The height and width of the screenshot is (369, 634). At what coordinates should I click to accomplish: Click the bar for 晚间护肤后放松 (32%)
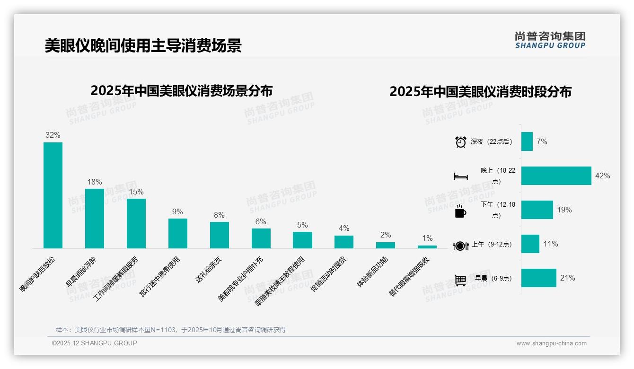53,195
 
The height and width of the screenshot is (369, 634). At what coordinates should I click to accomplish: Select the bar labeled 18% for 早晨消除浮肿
95,218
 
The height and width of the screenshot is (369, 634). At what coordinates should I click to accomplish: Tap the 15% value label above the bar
136,192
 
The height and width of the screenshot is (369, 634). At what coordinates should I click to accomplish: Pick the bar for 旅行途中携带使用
178,233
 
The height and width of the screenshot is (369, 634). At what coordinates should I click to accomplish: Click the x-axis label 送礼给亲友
209,270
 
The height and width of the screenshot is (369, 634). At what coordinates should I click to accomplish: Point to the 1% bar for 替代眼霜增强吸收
427,247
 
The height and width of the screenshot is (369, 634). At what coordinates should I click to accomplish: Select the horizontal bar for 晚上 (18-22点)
556,176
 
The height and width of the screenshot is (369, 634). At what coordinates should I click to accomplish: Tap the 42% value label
603,176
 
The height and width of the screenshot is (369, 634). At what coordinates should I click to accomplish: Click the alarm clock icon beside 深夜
460,142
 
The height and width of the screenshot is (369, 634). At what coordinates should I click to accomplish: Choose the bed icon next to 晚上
460,176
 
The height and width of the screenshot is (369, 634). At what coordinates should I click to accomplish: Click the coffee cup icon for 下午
460,211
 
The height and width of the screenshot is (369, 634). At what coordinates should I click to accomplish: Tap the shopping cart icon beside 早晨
460,280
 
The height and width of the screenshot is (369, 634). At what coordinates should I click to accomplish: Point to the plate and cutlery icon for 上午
460,246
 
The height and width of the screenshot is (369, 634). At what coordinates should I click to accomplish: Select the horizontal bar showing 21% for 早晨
539,278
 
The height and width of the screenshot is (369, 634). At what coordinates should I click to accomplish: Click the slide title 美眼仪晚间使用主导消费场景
143,46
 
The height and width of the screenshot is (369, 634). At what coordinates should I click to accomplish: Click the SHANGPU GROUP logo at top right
550,40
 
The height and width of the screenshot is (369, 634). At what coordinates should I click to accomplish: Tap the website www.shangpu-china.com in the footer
551,343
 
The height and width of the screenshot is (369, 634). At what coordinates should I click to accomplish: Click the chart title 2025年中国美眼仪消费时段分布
480,91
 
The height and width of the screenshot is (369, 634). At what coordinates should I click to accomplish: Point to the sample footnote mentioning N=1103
171,330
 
